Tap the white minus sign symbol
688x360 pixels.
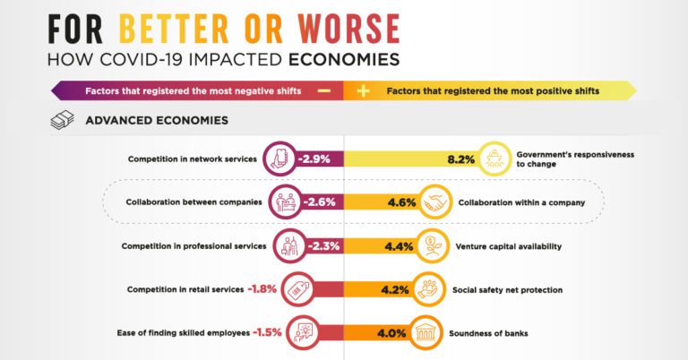pyautogui.click(x=324, y=90)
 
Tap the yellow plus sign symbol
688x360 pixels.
pyautogui.click(x=363, y=90)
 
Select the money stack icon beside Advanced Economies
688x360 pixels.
pyautogui.click(x=61, y=120)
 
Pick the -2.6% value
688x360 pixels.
pyautogui.click(x=319, y=202)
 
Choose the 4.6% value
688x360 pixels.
pyautogui.click(x=401, y=202)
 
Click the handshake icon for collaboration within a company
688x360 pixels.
pyautogui.click(x=437, y=202)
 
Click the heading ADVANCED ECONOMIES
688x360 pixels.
pyautogui.click(x=156, y=120)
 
